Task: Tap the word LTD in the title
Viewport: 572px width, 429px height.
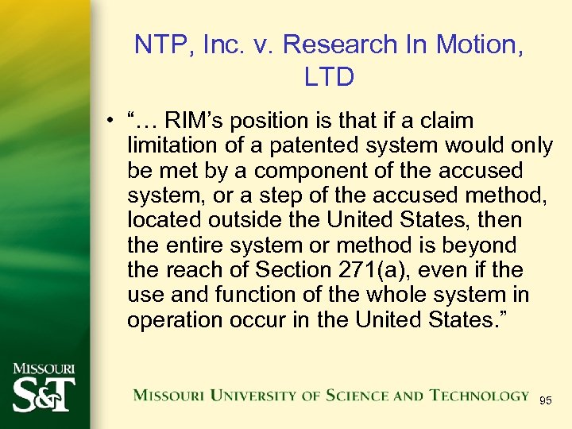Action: pos(328,77)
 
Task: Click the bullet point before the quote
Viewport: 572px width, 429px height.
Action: pos(116,122)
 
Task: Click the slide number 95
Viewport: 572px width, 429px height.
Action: pos(545,400)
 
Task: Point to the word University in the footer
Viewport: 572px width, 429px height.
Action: pos(254,395)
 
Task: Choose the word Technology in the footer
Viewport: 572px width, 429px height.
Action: pos(480,395)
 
